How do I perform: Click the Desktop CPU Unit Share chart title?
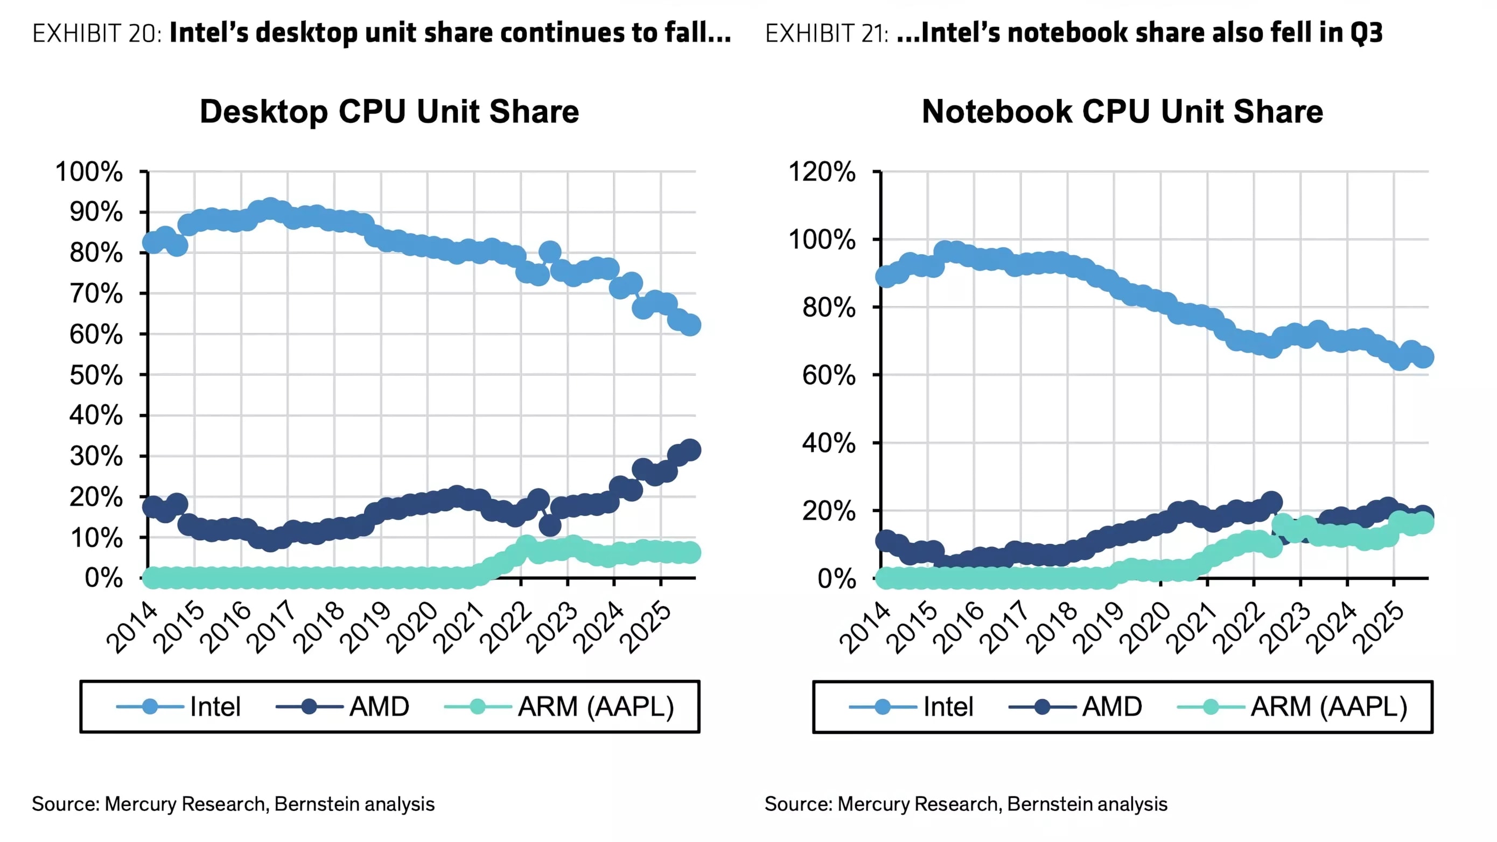click(x=389, y=111)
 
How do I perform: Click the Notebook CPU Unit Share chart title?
click(x=1122, y=111)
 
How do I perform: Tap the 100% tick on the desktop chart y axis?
click(x=89, y=172)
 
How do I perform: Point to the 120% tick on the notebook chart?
click(x=822, y=172)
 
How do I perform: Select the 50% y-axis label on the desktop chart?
click(x=96, y=375)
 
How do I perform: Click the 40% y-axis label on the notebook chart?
click(x=829, y=444)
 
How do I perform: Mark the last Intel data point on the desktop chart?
click(x=690, y=325)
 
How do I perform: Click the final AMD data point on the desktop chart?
click(x=690, y=450)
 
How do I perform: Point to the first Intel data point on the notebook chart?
click(x=886, y=277)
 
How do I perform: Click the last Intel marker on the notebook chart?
click(x=1423, y=357)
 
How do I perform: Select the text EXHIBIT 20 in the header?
click(x=96, y=34)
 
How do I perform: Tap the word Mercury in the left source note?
click(x=141, y=804)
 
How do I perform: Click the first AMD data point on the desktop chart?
click(x=153, y=507)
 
